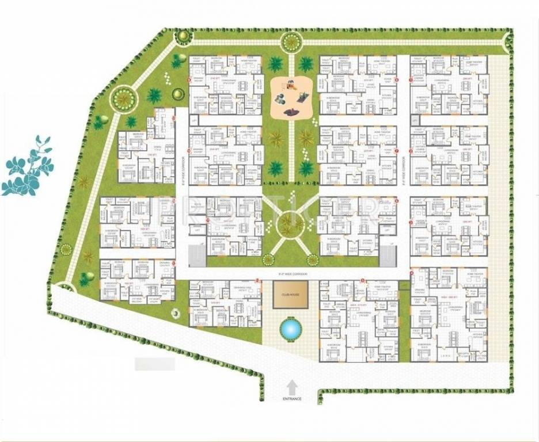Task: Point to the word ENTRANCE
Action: [x=291, y=398]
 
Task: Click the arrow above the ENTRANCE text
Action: [x=292, y=387]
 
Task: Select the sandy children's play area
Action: [x=291, y=97]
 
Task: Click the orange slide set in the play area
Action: [x=290, y=87]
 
